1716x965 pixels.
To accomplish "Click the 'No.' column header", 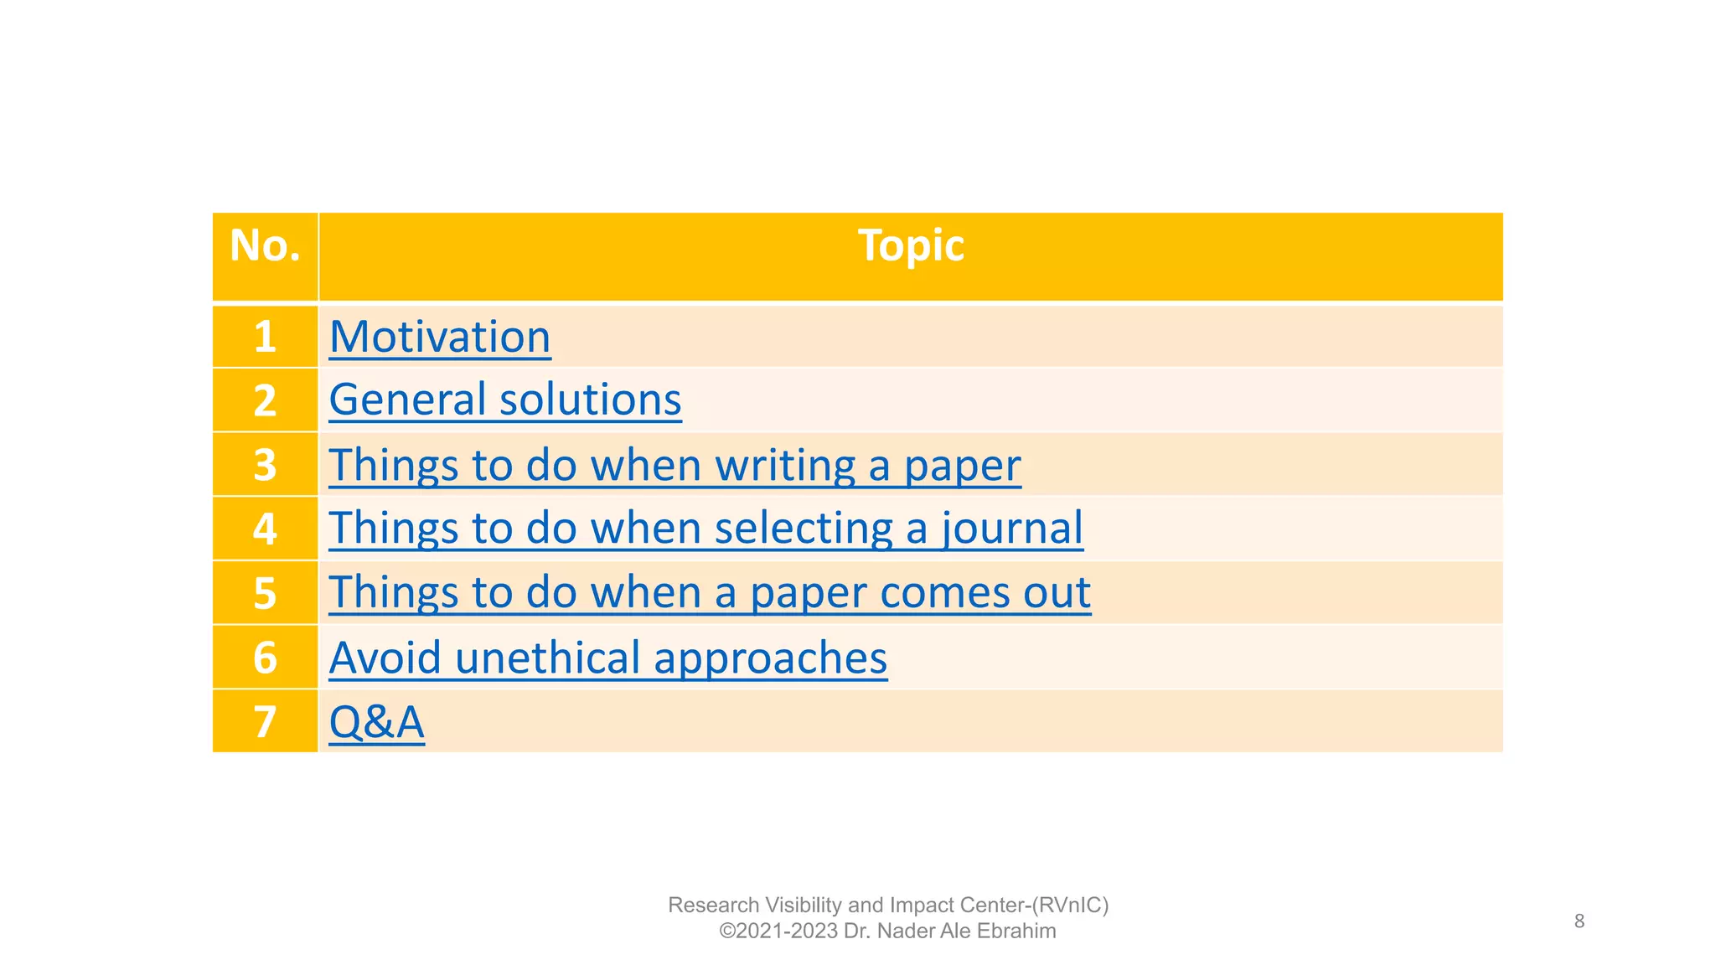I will (x=265, y=246).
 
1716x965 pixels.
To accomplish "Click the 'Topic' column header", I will (x=911, y=246).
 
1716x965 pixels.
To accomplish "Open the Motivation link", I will (x=440, y=337).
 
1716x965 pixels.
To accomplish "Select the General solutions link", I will (x=504, y=400).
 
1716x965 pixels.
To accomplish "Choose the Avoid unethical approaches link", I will (x=607, y=658).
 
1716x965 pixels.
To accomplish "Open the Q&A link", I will (x=376, y=722).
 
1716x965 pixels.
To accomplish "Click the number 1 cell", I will (x=265, y=337).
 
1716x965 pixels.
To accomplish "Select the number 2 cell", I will (x=265, y=400).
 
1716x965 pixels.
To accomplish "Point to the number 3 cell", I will (x=265, y=465).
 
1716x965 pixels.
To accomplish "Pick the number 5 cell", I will (x=265, y=593).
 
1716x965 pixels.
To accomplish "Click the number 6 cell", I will (x=265, y=658).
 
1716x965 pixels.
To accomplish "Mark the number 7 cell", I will (x=265, y=722).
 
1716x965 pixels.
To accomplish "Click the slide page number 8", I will (x=1579, y=921).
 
